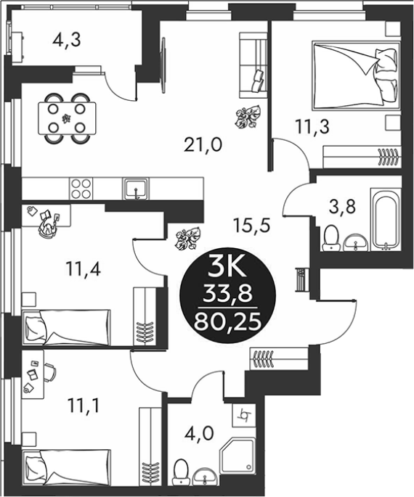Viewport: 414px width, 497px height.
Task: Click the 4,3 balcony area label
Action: tap(67, 41)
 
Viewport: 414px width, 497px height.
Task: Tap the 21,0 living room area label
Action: tap(203, 146)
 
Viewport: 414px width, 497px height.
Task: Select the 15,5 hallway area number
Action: tap(251, 226)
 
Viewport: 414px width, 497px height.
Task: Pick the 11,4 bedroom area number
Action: tap(83, 269)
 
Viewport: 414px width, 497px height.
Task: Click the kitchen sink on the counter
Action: tap(137, 189)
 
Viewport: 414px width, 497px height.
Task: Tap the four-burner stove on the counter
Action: tap(81, 189)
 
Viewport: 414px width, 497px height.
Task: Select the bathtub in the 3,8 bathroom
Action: tap(386, 219)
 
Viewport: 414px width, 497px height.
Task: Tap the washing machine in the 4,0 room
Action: tap(244, 415)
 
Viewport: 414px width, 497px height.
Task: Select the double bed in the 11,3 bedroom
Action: tap(357, 75)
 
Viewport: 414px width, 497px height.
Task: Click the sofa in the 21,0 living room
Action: tap(253, 65)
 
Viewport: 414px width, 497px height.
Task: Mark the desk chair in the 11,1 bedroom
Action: tap(49, 372)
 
